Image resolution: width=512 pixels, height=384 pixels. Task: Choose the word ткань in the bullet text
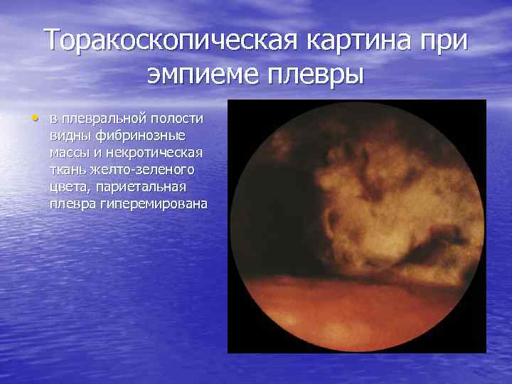pyautogui.click(x=68, y=170)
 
